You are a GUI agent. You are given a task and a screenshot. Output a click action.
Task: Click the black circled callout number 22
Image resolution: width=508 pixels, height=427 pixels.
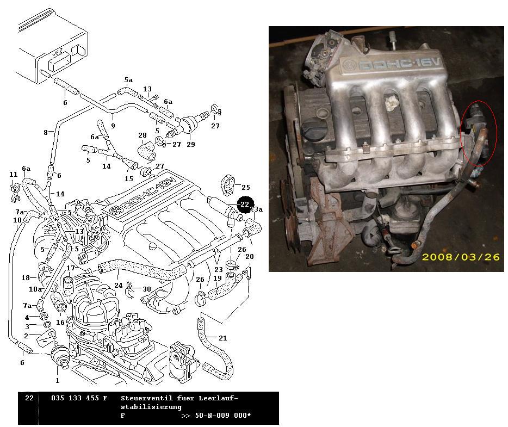pos(245,205)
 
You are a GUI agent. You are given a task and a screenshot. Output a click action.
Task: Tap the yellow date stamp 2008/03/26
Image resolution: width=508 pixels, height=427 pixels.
pos(461,257)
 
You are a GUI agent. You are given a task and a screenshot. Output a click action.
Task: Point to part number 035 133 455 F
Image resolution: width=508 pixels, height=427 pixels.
pos(79,398)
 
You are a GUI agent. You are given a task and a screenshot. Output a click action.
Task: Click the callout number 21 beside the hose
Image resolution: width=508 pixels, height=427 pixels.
pos(223,338)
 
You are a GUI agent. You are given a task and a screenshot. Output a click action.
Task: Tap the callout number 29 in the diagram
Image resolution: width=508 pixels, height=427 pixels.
pos(191,144)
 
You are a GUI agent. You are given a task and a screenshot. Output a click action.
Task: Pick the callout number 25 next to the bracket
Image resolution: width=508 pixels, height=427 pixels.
pos(246,187)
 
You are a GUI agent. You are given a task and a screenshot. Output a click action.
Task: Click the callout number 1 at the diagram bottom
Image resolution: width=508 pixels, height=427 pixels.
pos(57,380)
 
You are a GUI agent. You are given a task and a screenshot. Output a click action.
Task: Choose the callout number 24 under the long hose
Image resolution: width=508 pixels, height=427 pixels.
pos(118,285)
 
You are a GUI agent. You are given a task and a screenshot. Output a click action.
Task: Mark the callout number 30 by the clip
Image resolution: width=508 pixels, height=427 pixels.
pos(147,289)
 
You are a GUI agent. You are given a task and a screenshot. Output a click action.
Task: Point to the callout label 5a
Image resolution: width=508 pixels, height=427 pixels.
pos(128,80)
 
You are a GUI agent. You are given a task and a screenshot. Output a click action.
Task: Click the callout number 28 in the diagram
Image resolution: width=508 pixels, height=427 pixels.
pos(142,135)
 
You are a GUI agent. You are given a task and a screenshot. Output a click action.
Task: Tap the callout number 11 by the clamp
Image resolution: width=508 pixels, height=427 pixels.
pos(13,174)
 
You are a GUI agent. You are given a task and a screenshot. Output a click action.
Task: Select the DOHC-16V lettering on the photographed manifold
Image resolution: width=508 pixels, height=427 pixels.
pos(399,64)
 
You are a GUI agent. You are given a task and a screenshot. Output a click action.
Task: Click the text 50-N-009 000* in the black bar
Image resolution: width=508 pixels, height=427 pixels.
pos(222,416)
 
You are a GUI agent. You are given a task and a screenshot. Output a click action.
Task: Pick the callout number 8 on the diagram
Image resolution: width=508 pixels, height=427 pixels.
pos(46,132)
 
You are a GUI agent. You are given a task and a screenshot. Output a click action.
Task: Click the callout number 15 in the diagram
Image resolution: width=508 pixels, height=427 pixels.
pos(129,178)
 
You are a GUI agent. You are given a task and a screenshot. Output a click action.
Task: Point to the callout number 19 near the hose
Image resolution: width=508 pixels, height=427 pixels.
pos(218,278)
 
